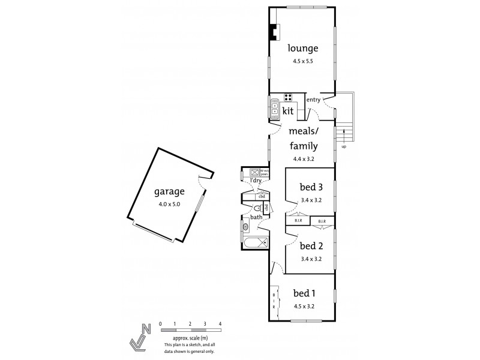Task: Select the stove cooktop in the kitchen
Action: pyautogui.click(x=288, y=98)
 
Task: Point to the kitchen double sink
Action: pyautogui.click(x=274, y=110)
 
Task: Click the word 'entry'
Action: pyautogui.click(x=313, y=100)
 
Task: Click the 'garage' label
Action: pyautogui.click(x=169, y=192)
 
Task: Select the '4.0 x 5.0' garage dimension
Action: pyautogui.click(x=169, y=205)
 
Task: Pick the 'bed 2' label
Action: pyautogui.click(x=311, y=245)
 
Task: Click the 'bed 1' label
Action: pyautogui.click(x=304, y=293)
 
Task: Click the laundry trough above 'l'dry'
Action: pyautogui.click(x=253, y=173)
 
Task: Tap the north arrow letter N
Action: pyautogui.click(x=146, y=328)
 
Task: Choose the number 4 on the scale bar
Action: pyautogui.click(x=220, y=324)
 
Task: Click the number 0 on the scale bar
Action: pyautogui.click(x=160, y=324)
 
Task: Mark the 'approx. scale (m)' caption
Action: pyautogui.click(x=190, y=339)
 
